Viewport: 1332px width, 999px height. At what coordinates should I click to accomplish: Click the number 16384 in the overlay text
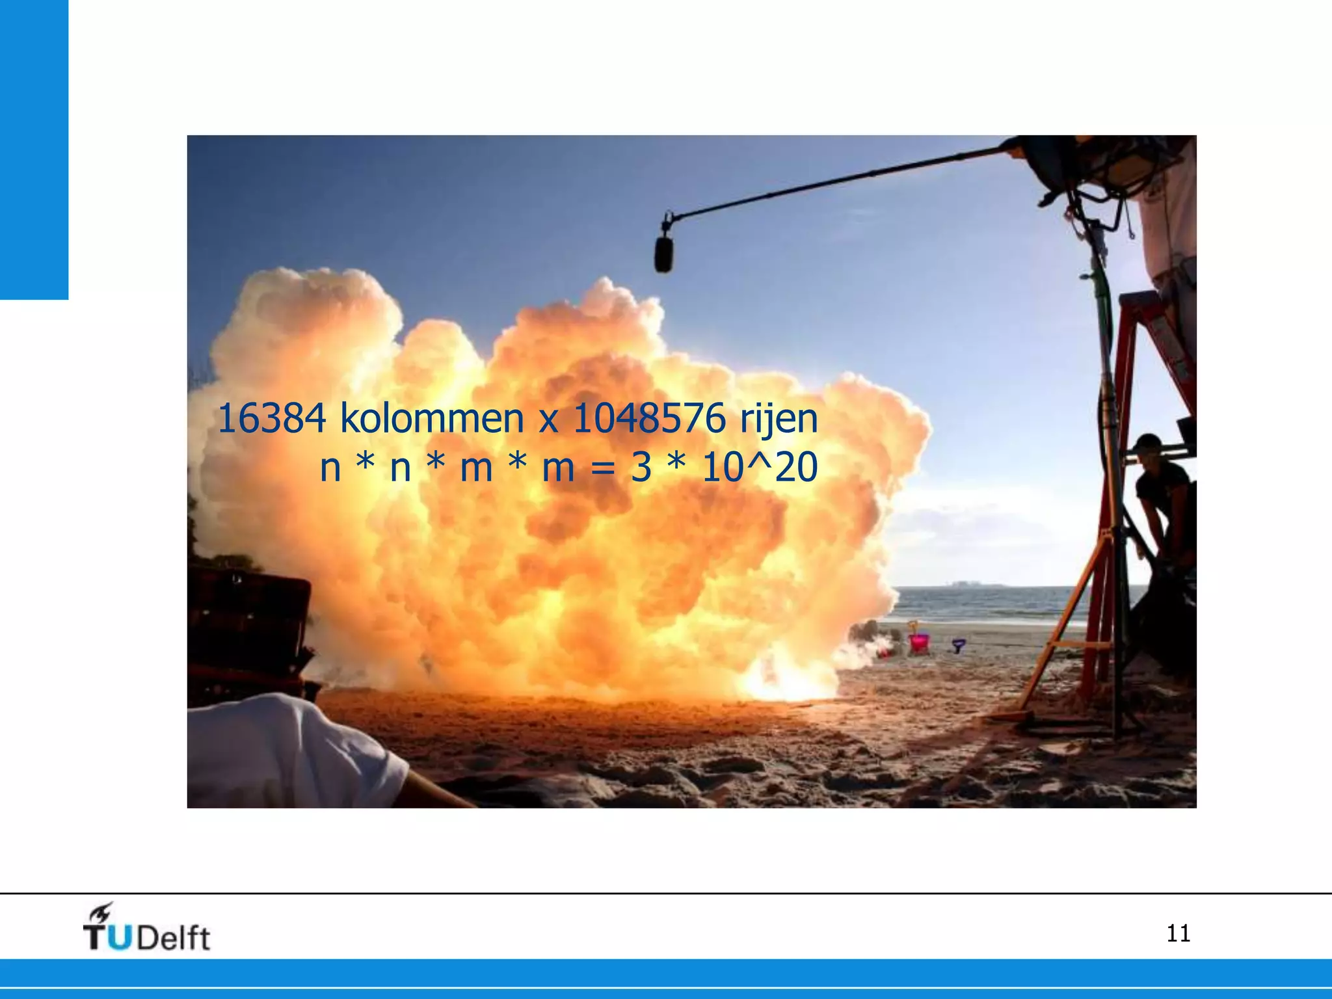(271, 419)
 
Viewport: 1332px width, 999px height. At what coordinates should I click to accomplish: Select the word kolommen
(432, 419)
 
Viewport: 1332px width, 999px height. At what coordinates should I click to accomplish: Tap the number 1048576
(648, 419)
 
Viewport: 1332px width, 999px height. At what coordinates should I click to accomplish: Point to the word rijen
(779, 420)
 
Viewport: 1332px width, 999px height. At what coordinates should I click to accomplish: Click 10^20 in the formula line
(760, 468)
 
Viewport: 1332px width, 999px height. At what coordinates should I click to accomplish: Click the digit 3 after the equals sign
(641, 468)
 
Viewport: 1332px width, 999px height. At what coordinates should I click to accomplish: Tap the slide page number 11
(1178, 933)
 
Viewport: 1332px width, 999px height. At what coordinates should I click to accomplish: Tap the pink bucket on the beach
(919, 643)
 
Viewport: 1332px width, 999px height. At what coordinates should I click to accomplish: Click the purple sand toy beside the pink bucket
(959, 645)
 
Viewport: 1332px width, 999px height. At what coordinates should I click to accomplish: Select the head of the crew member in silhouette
(1148, 449)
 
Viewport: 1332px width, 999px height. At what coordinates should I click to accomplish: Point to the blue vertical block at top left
(34, 150)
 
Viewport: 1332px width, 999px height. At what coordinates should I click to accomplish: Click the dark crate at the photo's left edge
(247, 624)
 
